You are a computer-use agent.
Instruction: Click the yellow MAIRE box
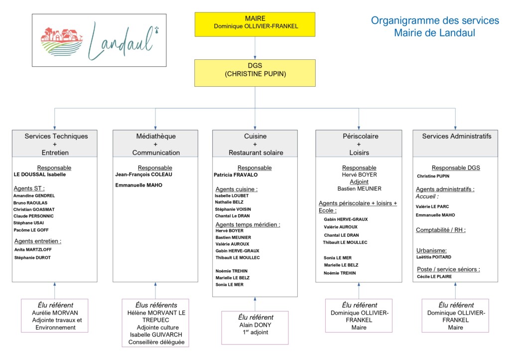tap(255, 24)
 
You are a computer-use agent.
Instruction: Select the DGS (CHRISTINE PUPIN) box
tap(255, 73)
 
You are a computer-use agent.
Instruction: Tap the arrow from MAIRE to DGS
tap(255, 48)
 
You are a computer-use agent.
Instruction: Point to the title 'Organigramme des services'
tap(435, 20)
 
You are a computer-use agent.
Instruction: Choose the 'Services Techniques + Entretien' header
tap(55, 144)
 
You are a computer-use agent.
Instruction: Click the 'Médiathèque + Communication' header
tap(155, 144)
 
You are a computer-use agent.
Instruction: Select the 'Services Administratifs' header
tap(455, 144)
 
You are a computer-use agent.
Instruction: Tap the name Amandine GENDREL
tap(34, 195)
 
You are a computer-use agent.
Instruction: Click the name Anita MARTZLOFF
tap(33, 250)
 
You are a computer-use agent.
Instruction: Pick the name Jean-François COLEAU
tap(144, 175)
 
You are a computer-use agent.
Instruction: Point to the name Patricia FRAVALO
tap(236, 175)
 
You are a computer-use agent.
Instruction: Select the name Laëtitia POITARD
tap(434, 257)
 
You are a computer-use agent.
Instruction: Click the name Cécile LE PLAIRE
tap(434, 277)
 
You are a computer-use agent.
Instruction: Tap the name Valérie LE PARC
tap(432, 206)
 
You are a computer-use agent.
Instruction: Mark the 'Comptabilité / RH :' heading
tap(441, 230)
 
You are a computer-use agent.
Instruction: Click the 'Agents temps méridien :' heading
tap(248, 224)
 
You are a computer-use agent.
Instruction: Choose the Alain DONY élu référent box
tap(255, 328)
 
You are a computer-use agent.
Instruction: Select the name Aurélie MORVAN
tap(55, 313)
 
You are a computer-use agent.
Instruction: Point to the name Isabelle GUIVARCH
tap(156, 335)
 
